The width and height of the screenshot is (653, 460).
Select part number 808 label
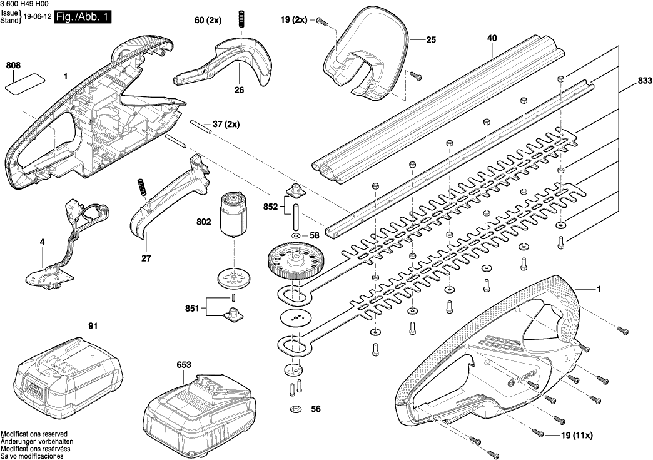14,64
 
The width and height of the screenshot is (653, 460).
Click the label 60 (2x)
208,21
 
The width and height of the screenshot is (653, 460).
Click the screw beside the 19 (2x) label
321,21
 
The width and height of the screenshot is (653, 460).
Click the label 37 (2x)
226,124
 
